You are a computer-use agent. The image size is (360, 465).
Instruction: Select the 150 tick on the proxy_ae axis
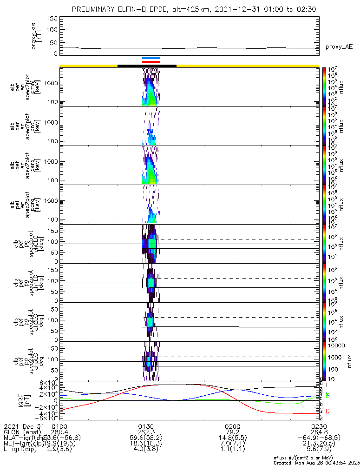52,19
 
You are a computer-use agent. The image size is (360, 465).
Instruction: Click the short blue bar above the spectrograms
151,58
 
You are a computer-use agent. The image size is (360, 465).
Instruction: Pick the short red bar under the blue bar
151,62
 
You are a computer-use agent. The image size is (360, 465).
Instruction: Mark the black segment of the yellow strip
147,66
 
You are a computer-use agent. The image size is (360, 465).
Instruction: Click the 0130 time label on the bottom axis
146,426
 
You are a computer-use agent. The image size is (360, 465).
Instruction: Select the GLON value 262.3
146,432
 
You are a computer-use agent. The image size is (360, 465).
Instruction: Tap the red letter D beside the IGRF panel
327,412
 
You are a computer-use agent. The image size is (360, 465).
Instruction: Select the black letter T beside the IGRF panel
327,385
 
